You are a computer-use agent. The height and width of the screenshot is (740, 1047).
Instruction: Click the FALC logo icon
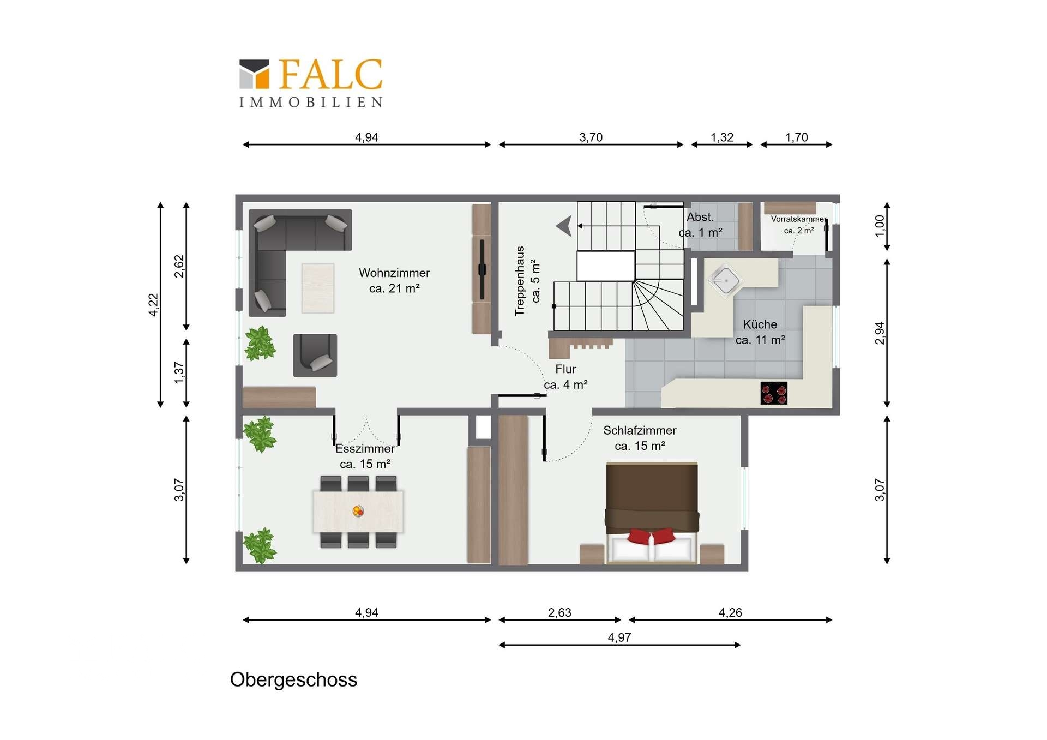pos(254,74)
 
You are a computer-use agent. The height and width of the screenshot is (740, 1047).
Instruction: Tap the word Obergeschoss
pos(293,679)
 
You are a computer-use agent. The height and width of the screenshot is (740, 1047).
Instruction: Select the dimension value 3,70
pos(591,137)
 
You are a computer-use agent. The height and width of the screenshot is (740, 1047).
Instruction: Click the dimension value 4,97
pos(619,637)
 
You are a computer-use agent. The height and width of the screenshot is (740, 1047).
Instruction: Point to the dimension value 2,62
pos(179,267)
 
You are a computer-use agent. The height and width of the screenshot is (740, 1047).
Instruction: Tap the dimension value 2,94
pos(879,333)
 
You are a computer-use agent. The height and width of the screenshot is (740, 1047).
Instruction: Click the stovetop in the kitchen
pos(774,393)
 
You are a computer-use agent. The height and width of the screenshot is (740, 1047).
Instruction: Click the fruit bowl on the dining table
pos(358,511)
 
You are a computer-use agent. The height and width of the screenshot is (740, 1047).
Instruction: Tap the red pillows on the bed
pos(651,536)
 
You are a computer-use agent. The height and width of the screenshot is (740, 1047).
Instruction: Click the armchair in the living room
pos(315,355)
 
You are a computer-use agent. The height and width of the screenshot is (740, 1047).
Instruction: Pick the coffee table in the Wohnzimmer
pos(318,288)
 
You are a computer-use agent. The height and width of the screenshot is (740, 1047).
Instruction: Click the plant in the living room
pos(260,344)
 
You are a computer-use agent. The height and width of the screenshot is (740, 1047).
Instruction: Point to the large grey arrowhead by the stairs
pos(564,226)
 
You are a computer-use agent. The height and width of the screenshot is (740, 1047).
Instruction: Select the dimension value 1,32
pos(722,137)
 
